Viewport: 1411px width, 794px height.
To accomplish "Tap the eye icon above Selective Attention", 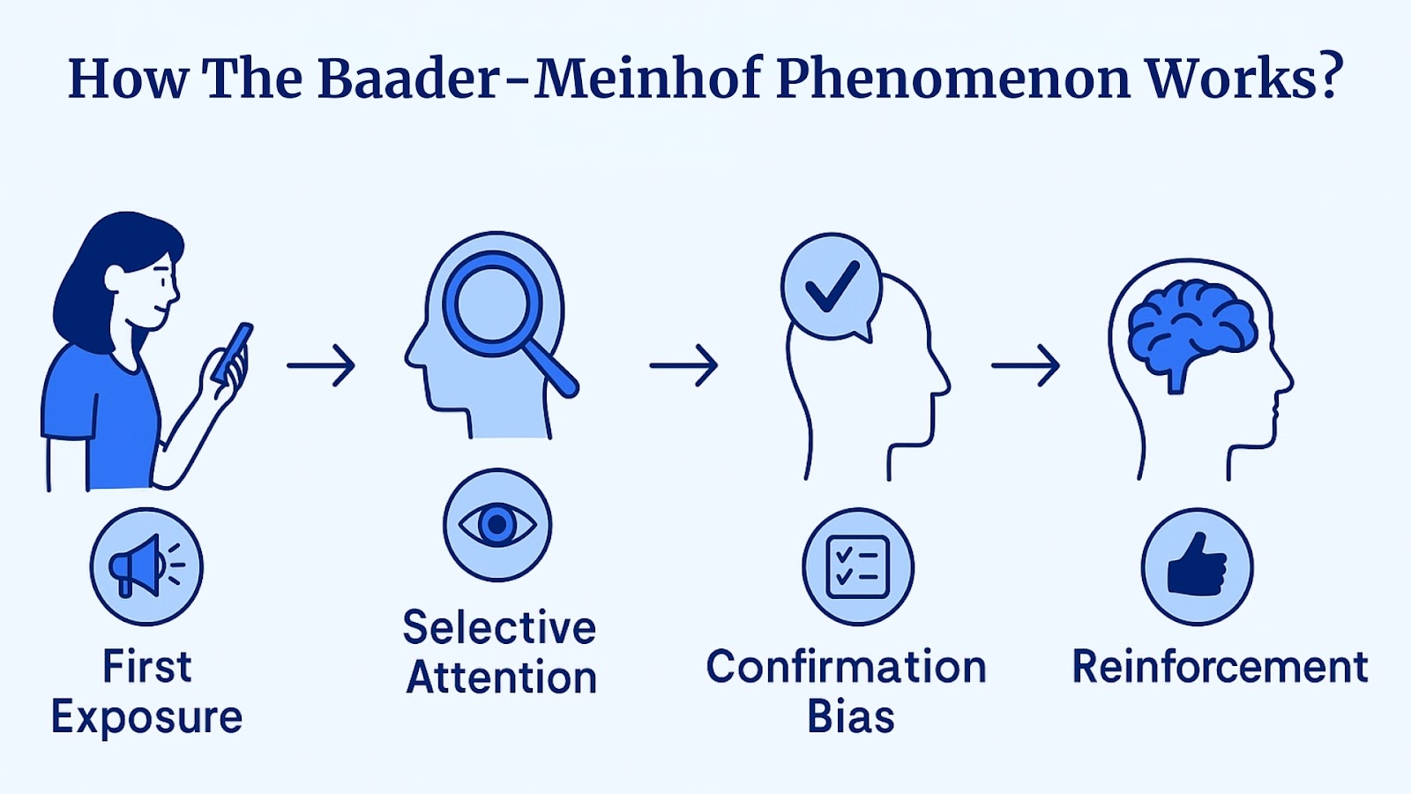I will coord(497,525).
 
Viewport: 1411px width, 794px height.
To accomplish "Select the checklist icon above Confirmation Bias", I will coord(857,566).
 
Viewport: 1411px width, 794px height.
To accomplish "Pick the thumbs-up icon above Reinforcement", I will coord(1197,566).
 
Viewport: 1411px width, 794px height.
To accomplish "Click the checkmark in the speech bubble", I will coord(832,286).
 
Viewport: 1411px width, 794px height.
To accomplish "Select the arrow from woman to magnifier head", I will coord(321,364).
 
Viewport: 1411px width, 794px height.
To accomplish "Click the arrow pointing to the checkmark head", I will coord(683,364).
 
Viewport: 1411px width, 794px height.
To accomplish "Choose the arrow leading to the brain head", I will coord(1026,364).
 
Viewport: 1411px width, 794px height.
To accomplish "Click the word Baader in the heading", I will coord(408,79).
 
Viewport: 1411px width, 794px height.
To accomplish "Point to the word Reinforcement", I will coord(1220,667).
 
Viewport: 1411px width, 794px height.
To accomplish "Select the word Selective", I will coord(499,628).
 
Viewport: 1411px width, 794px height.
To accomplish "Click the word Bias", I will coord(850,716).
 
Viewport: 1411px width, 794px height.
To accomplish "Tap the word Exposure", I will coord(146,716).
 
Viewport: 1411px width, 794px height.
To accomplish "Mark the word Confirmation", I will coord(846,667).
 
